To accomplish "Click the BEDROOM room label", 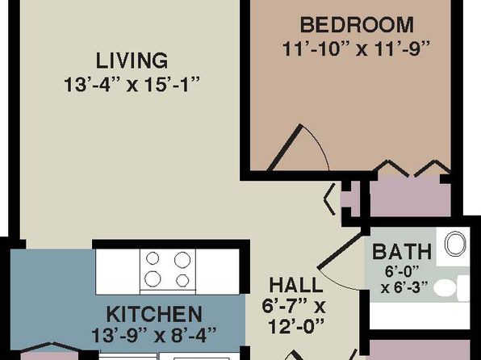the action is click(x=357, y=25).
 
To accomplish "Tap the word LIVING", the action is click(x=132, y=61).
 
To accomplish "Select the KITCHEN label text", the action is click(x=154, y=314).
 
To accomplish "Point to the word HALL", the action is click(x=296, y=285).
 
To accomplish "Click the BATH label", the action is click(x=402, y=252).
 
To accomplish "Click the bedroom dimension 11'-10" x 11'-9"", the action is click(x=355, y=48).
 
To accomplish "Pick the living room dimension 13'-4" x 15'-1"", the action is click(x=132, y=85).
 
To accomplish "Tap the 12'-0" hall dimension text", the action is click(x=296, y=326).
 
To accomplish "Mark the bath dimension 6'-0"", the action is click(x=402, y=271).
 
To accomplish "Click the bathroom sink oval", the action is click(x=455, y=244).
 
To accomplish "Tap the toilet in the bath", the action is click(x=452, y=288).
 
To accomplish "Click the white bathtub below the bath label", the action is click(x=420, y=316).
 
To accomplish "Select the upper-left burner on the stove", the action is click(x=153, y=258).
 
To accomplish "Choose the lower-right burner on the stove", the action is click(x=182, y=280).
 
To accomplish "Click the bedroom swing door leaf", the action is click(x=285, y=148).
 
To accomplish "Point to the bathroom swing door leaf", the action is click(x=340, y=251).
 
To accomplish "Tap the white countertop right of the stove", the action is click(x=217, y=271).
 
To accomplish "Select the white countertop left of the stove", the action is click(x=118, y=271).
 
